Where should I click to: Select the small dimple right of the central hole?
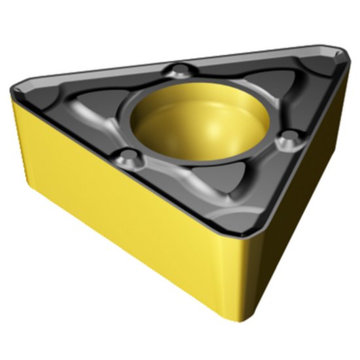click(285, 139)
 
